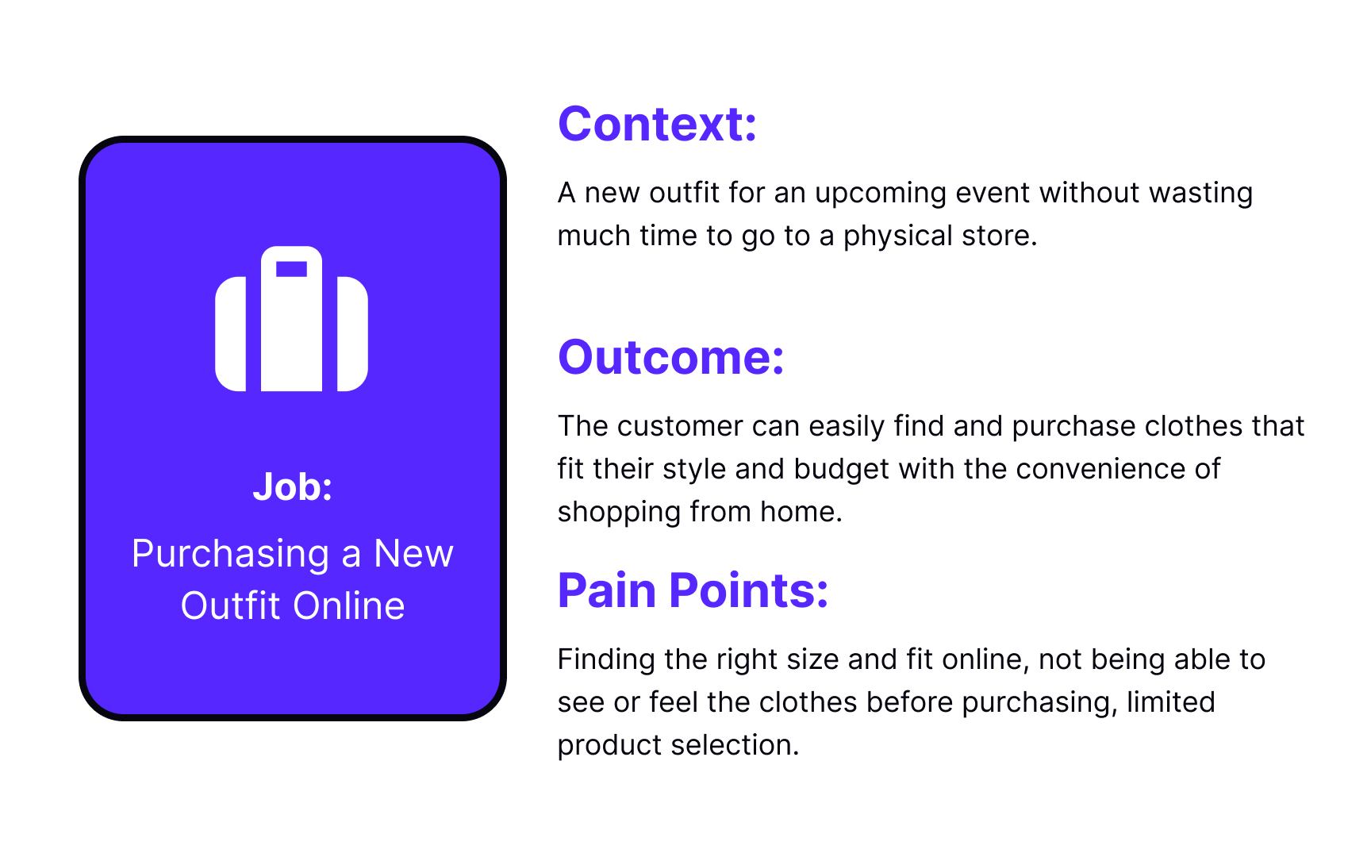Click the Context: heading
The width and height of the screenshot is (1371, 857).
657,125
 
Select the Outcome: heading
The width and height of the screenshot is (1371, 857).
671,357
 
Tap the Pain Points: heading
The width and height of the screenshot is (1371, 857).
693,590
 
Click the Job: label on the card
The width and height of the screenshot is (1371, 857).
292,486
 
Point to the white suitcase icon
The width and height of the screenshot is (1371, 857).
291,319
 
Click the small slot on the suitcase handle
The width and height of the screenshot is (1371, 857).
291,269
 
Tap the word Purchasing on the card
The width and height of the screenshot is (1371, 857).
230,555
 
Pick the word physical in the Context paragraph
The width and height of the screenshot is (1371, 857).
898,236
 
